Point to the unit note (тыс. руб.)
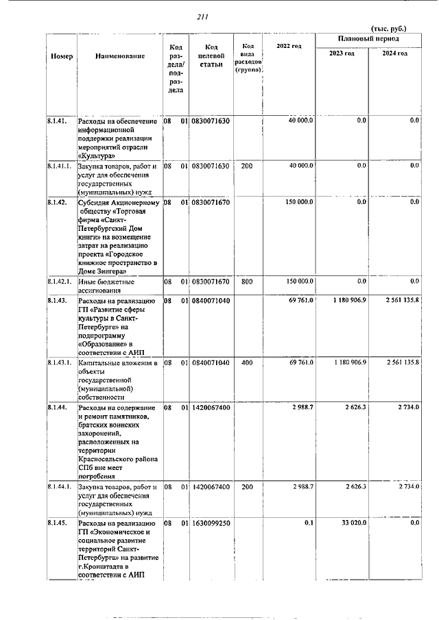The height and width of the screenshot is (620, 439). coord(388,29)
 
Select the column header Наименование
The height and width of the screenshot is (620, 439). coord(120,55)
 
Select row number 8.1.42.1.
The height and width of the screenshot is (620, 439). coord(60,282)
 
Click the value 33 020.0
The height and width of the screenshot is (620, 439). coord(354,523)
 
